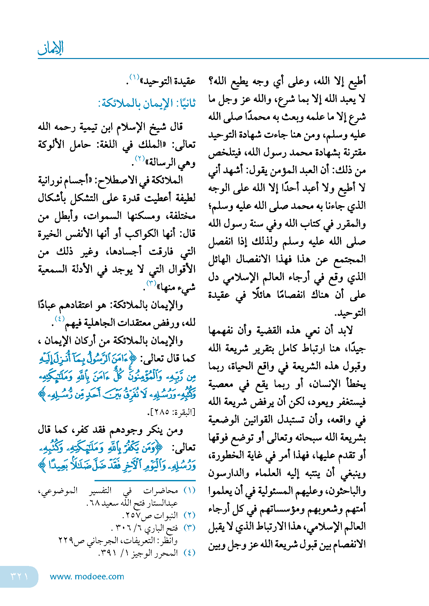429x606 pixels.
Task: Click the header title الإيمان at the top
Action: pos(51,48)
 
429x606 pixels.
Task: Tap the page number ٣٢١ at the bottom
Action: pos(19,576)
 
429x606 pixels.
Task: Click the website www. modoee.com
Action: pos(87,577)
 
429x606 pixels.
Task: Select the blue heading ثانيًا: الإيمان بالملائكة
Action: pos(147,104)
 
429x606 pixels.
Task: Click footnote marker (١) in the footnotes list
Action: pos(189,491)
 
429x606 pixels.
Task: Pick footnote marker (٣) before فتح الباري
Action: pos(189,528)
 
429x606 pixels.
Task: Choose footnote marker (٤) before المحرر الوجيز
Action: pos(189,553)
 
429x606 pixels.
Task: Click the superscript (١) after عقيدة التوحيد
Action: pos(134,77)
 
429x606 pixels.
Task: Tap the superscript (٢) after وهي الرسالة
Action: pos(140,158)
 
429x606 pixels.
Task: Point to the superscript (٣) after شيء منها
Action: pos(151,283)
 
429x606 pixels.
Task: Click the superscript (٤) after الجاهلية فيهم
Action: pos(60,319)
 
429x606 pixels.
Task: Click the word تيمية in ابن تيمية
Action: pos(87,127)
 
